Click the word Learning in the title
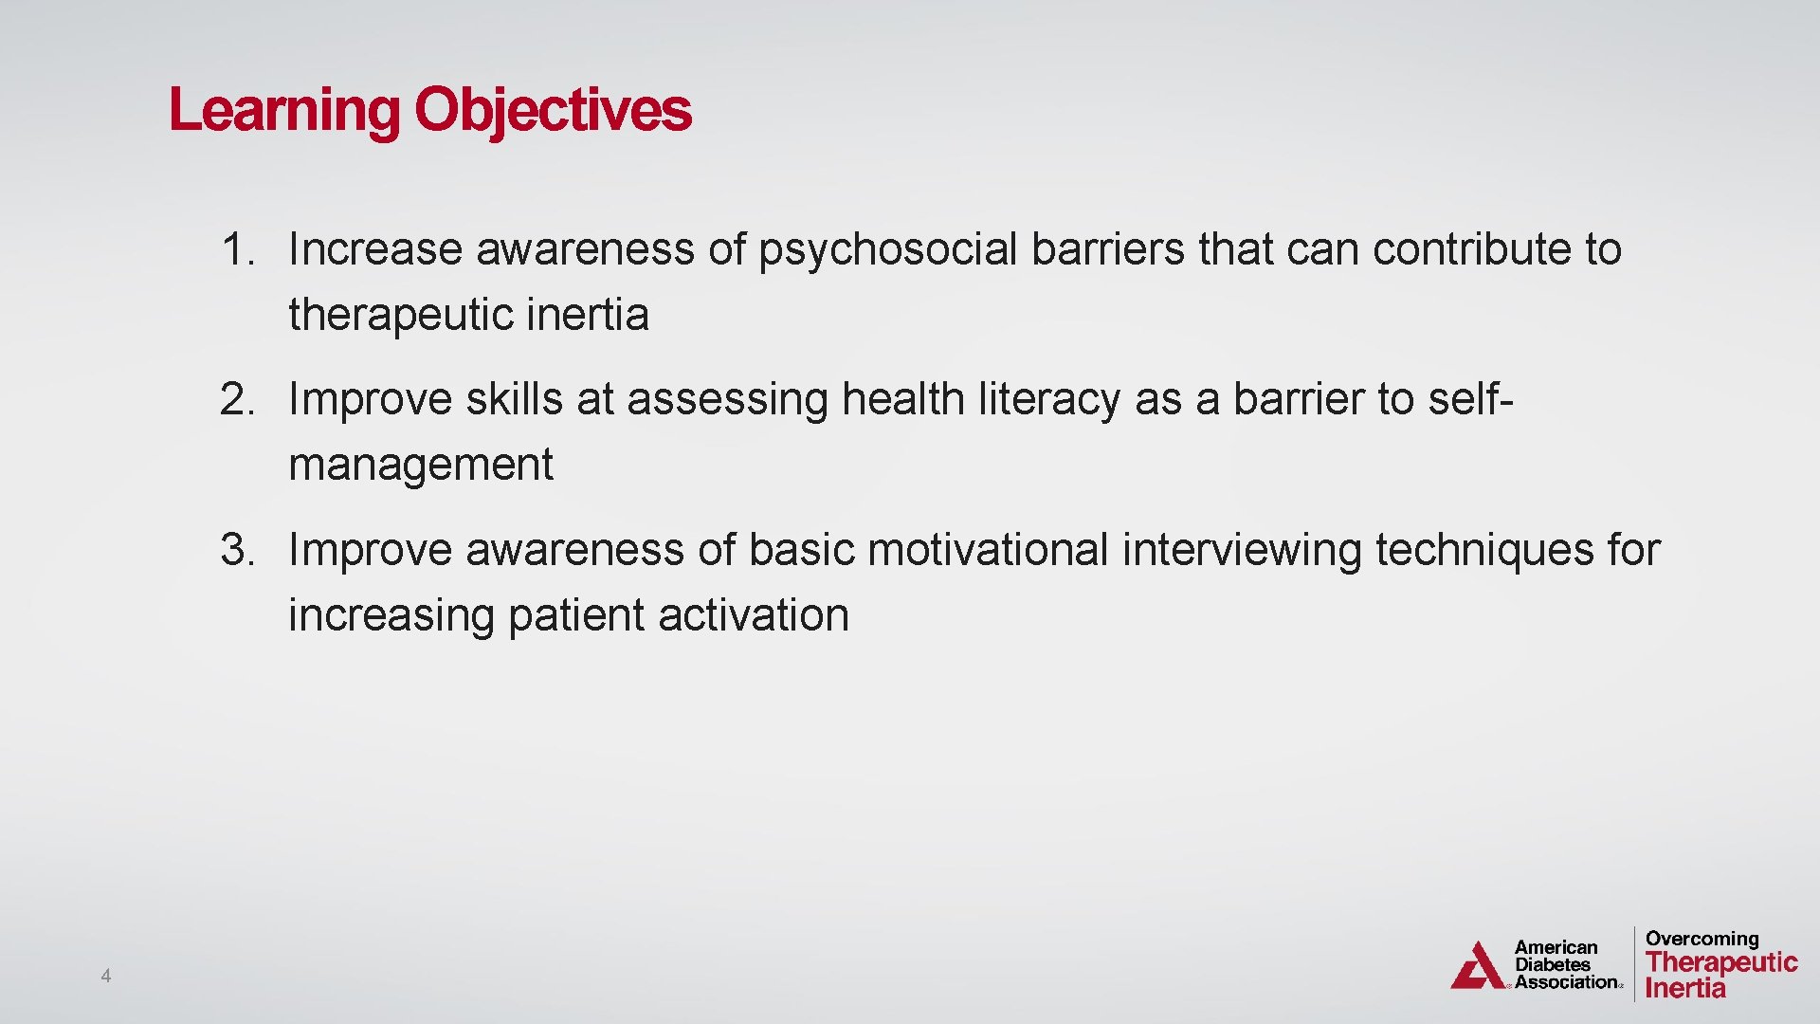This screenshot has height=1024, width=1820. [x=284, y=111]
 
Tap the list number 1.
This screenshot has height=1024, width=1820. [x=237, y=249]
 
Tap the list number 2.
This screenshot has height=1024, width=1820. [x=237, y=399]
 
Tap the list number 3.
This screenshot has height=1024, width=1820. [x=237, y=550]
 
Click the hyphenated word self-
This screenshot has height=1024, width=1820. [x=1469, y=399]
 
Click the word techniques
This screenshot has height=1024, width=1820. [x=1484, y=551]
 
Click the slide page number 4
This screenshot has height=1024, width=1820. [x=106, y=976]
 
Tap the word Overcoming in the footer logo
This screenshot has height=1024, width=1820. [x=1702, y=939]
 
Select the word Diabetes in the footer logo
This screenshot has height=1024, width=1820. [x=1553, y=965]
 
